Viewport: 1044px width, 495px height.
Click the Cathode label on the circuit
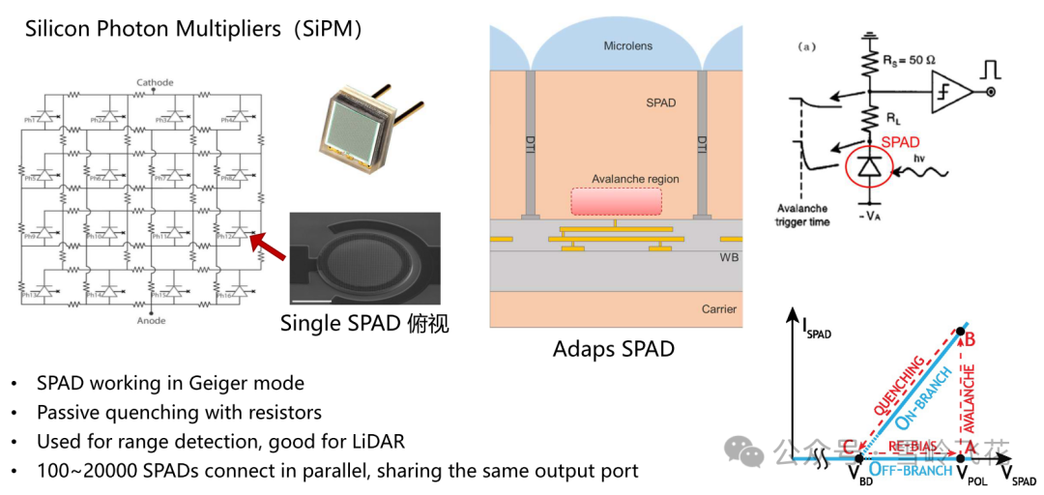pyautogui.click(x=155, y=83)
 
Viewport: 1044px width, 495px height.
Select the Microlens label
pyautogui.click(x=629, y=45)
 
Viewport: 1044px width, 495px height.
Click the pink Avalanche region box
pyautogui.click(x=616, y=200)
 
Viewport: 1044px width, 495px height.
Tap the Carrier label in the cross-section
pyautogui.click(x=718, y=309)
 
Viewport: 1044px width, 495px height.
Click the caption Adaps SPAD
pyautogui.click(x=613, y=348)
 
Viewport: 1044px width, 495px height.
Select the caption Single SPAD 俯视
pyautogui.click(x=364, y=324)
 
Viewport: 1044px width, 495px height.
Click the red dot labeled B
pyautogui.click(x=960, y=334)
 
